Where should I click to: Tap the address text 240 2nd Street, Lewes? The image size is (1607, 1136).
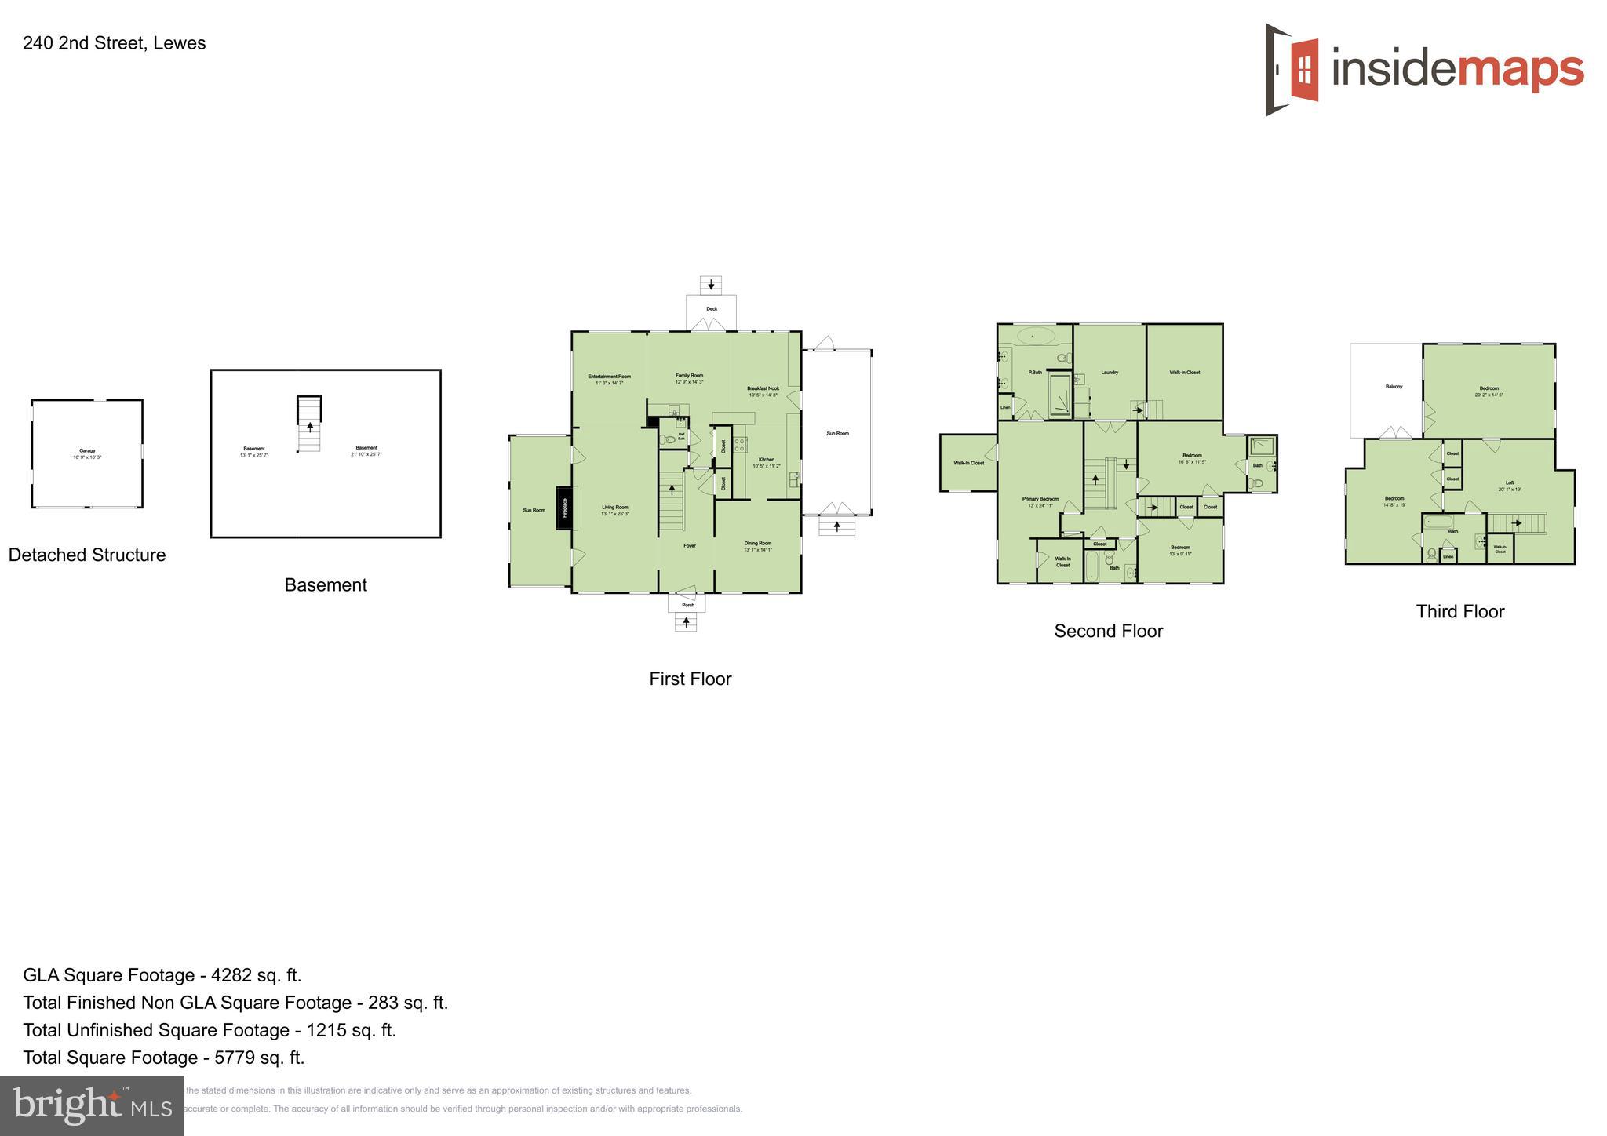(x=114, y=43)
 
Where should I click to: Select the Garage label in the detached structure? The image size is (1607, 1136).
(x=86, y=451)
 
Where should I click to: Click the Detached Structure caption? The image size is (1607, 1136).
(x=87, y=555)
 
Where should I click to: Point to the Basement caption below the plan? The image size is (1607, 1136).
(x=326, y=584)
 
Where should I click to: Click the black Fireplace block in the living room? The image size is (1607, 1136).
(x=563, y=508)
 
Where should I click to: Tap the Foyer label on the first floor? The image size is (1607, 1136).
(x=690, y=545)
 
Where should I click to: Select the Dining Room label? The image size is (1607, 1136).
(x=758, y=543)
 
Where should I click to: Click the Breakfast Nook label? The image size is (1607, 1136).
(x=763, y=388)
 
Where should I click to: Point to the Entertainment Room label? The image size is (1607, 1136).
(x=610, y=377)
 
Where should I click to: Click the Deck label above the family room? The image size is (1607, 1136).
(x=712, y=308)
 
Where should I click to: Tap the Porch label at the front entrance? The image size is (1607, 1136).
(x=688, y=605)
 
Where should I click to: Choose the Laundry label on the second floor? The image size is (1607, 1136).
(x=1110, y=373)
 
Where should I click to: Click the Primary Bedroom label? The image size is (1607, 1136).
(x=1040, y=499)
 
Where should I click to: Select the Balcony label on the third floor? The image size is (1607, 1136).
(x=1394, y=386)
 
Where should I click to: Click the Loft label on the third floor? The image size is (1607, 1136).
(x=1510, y=482)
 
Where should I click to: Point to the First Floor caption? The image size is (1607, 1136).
(x=690, y=679)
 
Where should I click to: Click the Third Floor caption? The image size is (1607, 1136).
(x=1460, y=611)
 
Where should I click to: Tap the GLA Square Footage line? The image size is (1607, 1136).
(x=162, y=975)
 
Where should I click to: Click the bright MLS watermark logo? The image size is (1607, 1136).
(x=93, y=1106)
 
